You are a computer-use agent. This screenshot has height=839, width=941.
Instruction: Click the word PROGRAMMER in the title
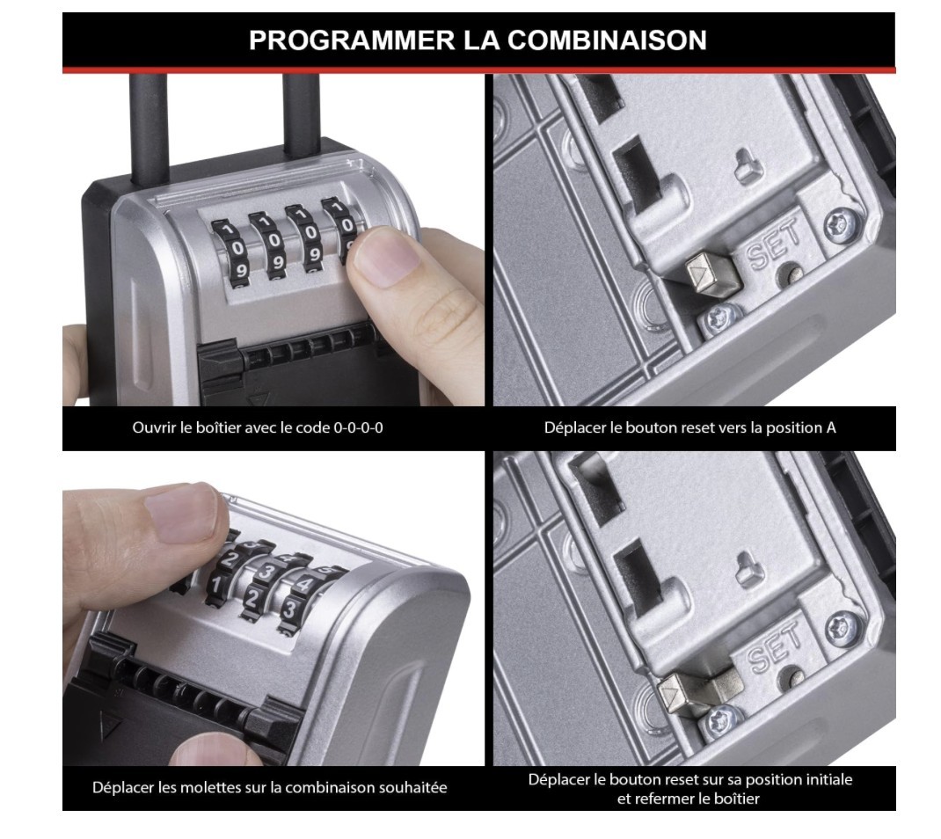point(353,40)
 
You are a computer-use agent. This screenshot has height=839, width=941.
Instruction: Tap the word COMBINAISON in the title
point(608,40)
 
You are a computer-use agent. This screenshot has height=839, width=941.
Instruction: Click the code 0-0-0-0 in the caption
point(358,428)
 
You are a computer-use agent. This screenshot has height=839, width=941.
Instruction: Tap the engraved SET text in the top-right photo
point(774,243)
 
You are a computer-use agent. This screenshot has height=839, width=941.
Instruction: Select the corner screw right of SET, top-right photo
point(840,225)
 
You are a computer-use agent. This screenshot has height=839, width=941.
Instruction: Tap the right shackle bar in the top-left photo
point(301,115)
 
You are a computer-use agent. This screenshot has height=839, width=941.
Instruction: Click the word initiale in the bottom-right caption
point(828,779)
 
